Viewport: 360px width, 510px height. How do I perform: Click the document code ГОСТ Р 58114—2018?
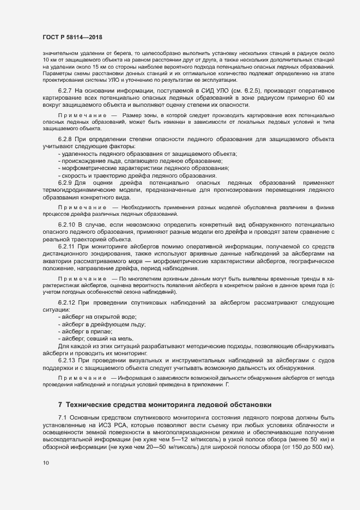(72, 37)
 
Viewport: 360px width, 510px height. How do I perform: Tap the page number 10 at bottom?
(46, 463)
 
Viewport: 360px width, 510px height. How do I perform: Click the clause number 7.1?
(63, 417)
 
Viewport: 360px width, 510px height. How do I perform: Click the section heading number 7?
(60, 404)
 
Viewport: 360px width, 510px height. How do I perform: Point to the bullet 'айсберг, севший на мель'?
(99, 338)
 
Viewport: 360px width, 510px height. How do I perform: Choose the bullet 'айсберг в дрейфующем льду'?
(105, 324)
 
